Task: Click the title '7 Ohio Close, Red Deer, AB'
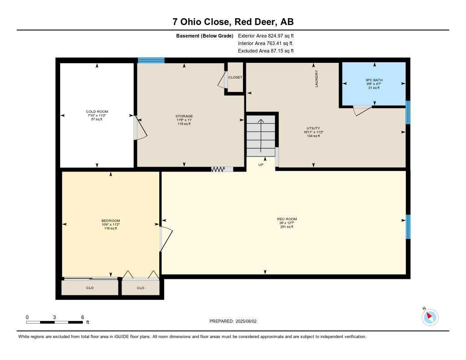coord(233,22)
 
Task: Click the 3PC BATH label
coord(374,84)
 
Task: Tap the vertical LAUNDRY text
coord(317,79)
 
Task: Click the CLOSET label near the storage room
coord(235,77)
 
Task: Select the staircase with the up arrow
coord(261,135)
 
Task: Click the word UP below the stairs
coord(261,164)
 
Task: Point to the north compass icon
coord(430,317)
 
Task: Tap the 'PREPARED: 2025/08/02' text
coord(233,321)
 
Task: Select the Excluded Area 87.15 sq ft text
coord(266,51)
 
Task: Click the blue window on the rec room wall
coord(408,227)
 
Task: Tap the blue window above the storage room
coord(151,60)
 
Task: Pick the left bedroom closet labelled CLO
coord(90,288)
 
